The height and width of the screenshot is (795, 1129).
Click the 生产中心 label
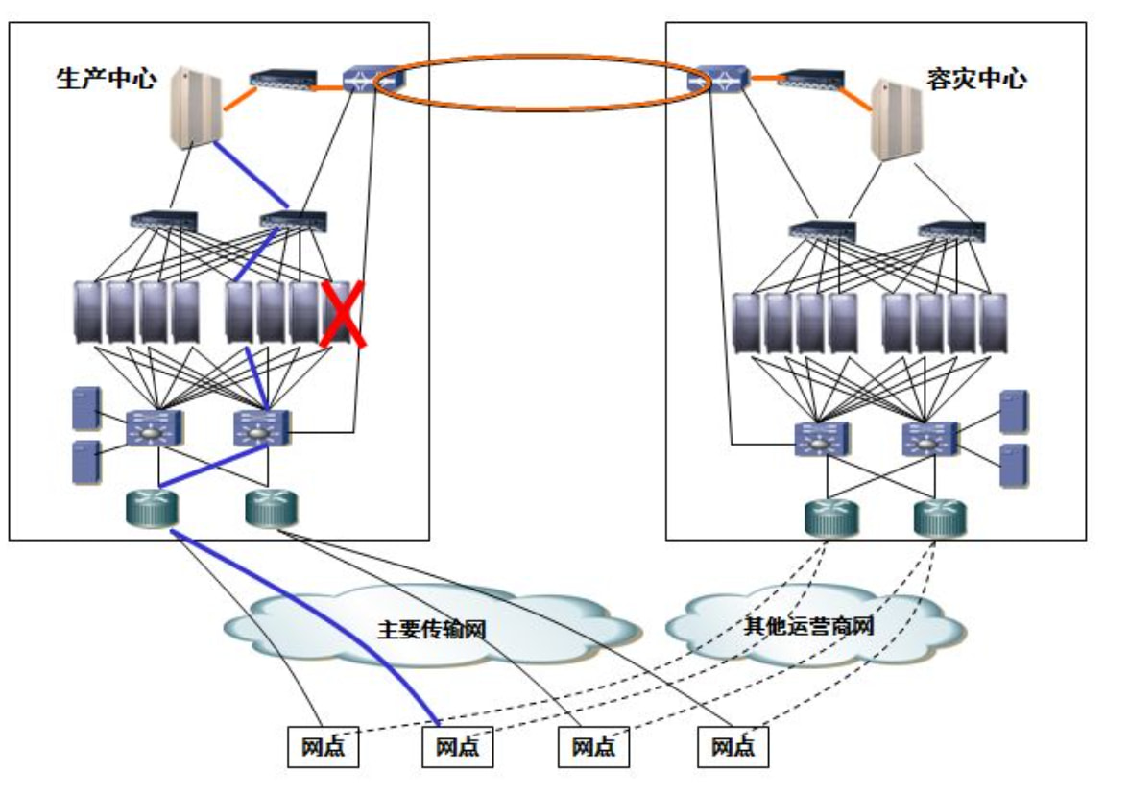point(106,79)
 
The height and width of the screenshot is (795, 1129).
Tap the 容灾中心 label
point(975,79)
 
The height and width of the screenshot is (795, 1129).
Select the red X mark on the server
point(343,314)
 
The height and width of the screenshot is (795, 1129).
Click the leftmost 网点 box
point(324,747)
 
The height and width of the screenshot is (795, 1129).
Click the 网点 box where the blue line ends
point(458,747)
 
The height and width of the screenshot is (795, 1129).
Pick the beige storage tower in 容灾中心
point(895,119)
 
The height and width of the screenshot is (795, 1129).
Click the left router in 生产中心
point(152,508)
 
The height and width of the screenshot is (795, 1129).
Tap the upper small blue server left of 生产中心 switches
point(86,408)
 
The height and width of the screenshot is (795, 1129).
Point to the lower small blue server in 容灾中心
point(1014,466)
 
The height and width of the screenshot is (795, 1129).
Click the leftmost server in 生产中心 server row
point(89,312)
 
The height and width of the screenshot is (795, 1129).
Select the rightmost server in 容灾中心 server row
point(994,325)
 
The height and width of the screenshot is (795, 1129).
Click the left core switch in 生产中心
point(153,428)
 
